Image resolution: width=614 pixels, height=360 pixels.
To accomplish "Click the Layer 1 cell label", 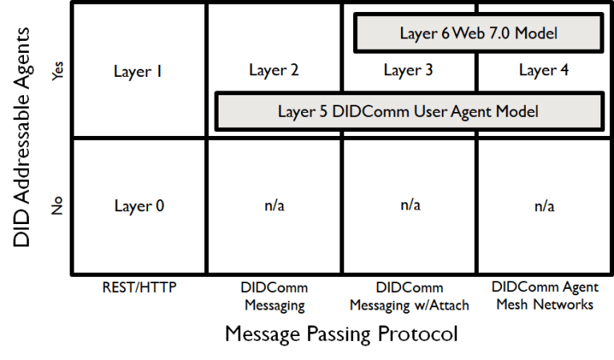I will point(138,72).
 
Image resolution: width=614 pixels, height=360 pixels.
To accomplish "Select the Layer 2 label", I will point(274,70).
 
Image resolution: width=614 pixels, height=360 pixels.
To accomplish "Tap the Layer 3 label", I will point(408,70).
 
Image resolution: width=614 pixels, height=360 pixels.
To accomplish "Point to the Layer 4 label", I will point(544,70).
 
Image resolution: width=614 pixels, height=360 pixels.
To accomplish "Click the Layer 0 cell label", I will point(138,206).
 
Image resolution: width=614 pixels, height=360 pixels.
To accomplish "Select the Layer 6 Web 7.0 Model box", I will point(478,33).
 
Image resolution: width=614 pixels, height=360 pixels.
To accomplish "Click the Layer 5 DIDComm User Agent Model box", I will point(407,111).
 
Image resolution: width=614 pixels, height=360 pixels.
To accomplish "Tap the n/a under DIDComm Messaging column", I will point(274,206).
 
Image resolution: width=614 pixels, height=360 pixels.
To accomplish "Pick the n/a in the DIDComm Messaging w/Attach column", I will point(409,206).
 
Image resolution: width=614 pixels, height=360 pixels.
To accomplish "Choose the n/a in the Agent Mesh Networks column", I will point(544,206).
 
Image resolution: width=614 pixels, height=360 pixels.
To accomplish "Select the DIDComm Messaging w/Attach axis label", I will point(409,296).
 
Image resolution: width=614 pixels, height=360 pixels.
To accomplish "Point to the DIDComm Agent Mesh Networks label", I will point(544,295).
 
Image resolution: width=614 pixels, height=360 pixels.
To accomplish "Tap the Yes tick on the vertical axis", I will point(57,72).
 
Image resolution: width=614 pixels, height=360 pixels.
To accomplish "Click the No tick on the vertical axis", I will point(57,206).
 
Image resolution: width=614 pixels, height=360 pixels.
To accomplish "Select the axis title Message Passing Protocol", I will point(342,334).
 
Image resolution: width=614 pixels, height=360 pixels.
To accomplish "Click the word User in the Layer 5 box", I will point(430,111).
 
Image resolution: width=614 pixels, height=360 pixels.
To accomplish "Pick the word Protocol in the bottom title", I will point(420,334).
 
